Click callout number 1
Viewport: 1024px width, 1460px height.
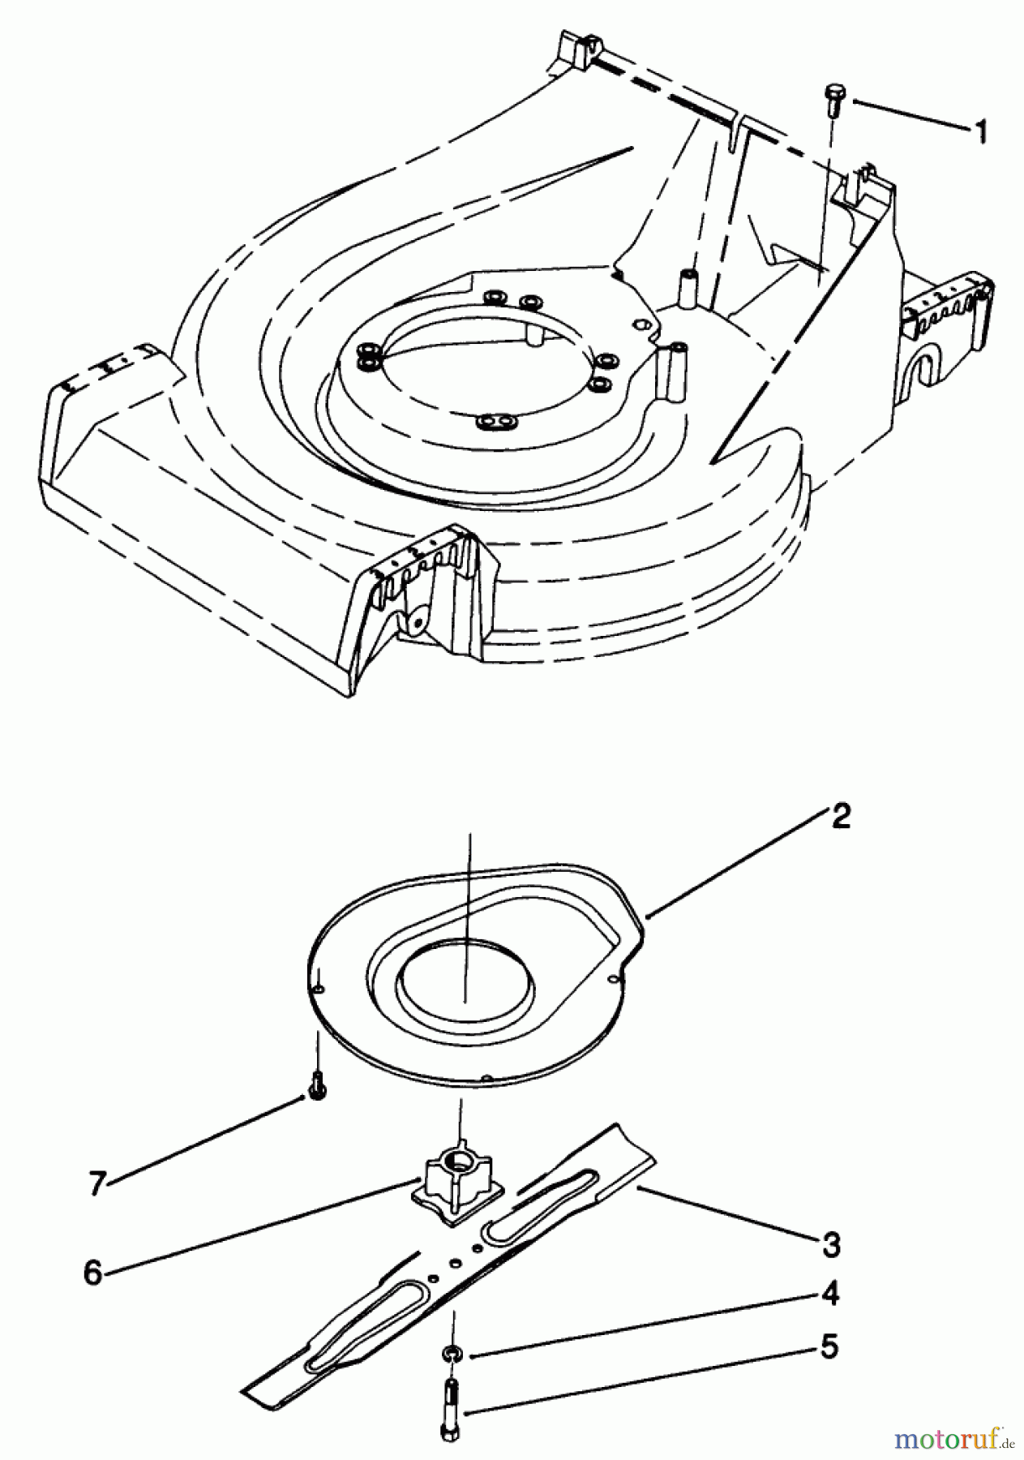(982, 131)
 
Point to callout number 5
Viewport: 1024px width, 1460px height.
(827, 1348)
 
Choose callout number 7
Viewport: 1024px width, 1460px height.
(97, 1185)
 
